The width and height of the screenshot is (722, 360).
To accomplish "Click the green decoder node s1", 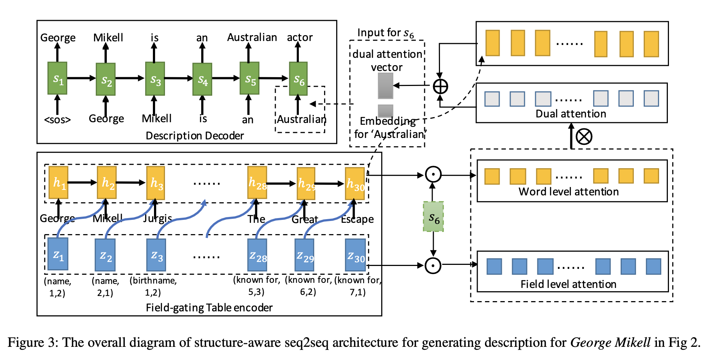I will click(57, 78).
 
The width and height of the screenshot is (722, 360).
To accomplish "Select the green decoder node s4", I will click(202, 79).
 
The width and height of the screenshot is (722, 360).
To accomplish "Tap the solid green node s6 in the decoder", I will click(298, 79).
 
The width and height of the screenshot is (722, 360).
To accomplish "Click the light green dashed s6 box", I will click(433, 217).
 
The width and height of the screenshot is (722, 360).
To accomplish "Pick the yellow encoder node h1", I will click(59, 183).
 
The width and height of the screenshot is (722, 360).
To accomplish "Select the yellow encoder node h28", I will click(257, 183).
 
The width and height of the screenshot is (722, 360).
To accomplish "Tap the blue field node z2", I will click(105, 255).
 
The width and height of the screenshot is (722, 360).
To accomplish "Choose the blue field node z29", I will click(304, 255).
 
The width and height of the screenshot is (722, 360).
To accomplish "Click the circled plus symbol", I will click(440, 87).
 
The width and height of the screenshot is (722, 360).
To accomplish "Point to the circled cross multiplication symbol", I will click(584, 137).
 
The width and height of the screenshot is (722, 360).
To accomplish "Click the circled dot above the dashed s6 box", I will click(433, 175).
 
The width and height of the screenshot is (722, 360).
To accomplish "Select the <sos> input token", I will click(57, 120).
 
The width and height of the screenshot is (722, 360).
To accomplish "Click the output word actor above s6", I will click(300, 37).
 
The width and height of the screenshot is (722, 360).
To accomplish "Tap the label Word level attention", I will click(568, 192).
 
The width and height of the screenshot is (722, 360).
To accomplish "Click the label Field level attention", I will click(568, 284).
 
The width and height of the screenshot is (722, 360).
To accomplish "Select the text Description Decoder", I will click(195, 136).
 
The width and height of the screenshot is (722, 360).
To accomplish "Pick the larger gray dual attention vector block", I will click(386, 86).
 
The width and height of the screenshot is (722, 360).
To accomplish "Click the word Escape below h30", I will click(357, 219).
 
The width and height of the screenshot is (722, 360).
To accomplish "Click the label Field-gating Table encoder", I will click(209, 308).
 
